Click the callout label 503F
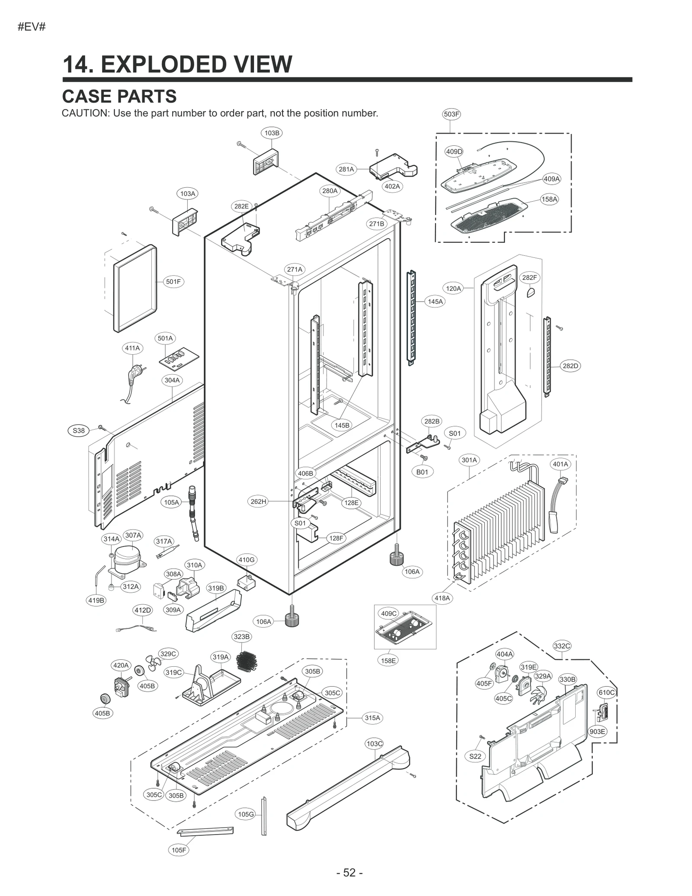click(451, 114)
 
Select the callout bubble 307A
click(133, 535)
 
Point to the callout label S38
click(79, 430)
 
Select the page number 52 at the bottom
click(349, 873)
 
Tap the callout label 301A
click(469, 460)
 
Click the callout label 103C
click(375, 744)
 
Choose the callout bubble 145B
click(342, 425)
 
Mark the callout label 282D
click(570, 366)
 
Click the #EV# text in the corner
click(32, 27)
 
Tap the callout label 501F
click(173, 282)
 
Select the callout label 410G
click(247, 560)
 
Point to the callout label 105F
click(179, 850)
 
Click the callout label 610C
click(606, 693)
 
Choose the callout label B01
click(422, 472)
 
